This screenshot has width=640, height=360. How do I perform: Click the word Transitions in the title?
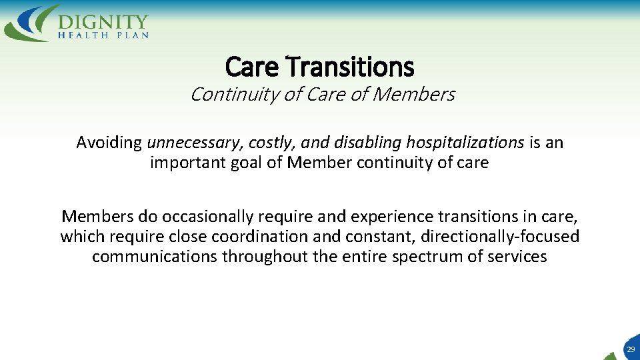(x=350, y=67)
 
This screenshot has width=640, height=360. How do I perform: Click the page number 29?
(x=630, y=349)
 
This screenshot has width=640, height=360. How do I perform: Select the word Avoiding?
(x=109, y=143)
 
